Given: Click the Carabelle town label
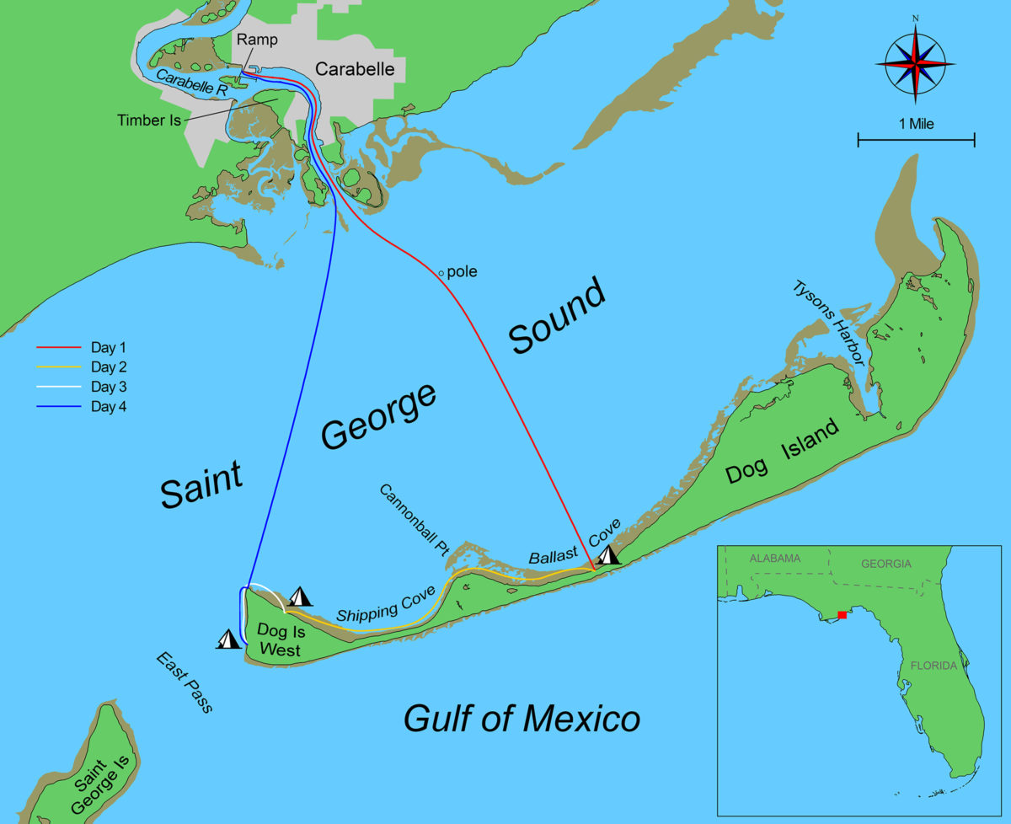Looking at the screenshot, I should (355, 69).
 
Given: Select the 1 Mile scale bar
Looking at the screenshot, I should (916, 139).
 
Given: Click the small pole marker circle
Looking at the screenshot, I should (441, 273).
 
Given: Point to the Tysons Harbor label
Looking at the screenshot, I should (828, 323).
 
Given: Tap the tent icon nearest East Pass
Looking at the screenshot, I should (228, 639).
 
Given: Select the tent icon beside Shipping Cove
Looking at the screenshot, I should (300, 596).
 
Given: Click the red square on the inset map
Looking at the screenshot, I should (842, 615).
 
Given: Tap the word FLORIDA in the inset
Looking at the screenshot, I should (933, 665).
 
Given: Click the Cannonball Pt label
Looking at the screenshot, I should (414, 520).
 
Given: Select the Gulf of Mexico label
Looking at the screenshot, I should (522, 719).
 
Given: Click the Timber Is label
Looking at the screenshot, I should (149, 120).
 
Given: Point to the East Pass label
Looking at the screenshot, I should (184, 682).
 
